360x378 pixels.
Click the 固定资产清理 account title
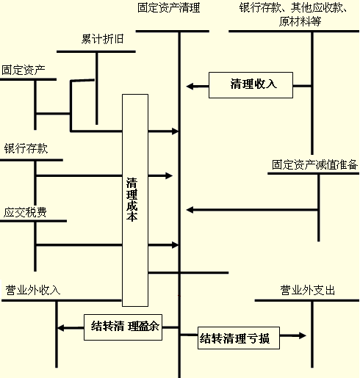coord(168,8)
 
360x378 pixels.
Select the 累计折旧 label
coord(102,39)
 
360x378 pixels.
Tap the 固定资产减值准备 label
coord(314,164)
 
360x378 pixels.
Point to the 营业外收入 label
coord(33,290)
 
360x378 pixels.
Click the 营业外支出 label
coord(308,290)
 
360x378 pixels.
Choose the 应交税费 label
coord(25,212)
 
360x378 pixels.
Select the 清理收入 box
coord(251,85)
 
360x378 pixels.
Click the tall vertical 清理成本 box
coord(135,200)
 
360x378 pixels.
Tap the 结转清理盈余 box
coord(123,327)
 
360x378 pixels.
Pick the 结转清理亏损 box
coord(239,338)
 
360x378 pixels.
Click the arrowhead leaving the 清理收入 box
coord(190,86)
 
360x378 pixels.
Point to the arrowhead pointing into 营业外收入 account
coord(60,328)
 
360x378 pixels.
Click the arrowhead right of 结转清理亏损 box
coord(303,335)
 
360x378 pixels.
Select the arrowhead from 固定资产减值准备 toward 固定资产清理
coord(190,210)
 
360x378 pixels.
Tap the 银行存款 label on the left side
coord(26,148)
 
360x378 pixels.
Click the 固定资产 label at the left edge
coord(24,70)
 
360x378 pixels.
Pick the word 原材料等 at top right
coord(300,21)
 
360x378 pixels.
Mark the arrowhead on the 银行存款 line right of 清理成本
coord(169,175)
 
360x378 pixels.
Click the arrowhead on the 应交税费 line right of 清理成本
coord(175,245)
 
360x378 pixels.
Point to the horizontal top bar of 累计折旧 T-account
coord(96,51)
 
